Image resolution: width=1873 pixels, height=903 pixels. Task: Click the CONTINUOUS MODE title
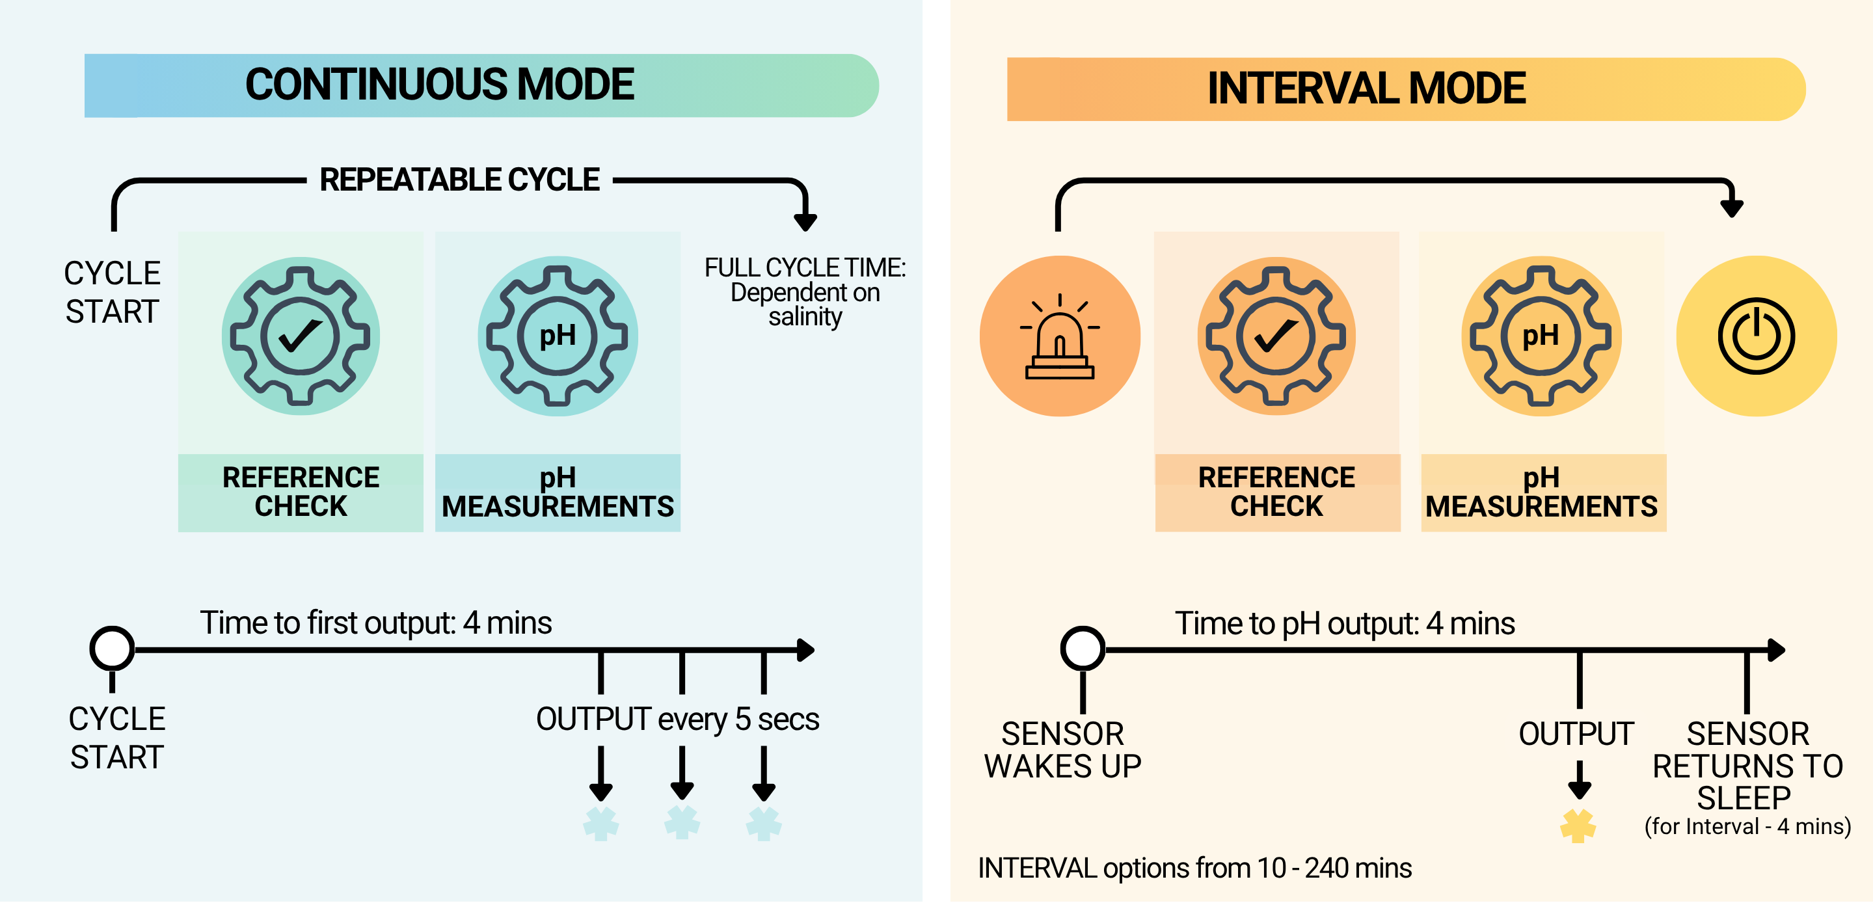click(439, 85)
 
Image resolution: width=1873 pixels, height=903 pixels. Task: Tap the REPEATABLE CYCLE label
click(459, 180)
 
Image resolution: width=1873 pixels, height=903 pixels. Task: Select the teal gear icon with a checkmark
click(301, 336)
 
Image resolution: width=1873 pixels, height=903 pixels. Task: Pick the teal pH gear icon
click(558, 336)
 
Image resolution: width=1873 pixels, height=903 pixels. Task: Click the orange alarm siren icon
click(1059, 336)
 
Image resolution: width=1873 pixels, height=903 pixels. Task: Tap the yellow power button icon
click(1756, 336)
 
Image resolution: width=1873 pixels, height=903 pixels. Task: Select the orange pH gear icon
click(1541, 336)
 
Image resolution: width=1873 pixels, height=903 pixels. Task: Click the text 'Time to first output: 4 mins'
click(376, 623)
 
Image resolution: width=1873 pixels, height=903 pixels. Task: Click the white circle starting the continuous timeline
click(112, 649)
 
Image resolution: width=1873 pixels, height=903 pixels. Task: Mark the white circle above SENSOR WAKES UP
click(1083, 649)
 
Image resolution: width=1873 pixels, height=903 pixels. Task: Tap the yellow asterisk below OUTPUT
click(1578, 826)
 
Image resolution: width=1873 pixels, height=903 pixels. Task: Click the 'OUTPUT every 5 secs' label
click(677, 719)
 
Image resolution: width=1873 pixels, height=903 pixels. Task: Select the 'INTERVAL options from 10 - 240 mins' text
click(1194, 868)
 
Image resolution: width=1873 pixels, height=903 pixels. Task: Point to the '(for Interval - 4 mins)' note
click(1747, 827)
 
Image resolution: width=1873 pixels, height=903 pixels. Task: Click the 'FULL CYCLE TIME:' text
click(805, 267)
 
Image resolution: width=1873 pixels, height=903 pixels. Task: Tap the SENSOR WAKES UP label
click(1062, 749)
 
